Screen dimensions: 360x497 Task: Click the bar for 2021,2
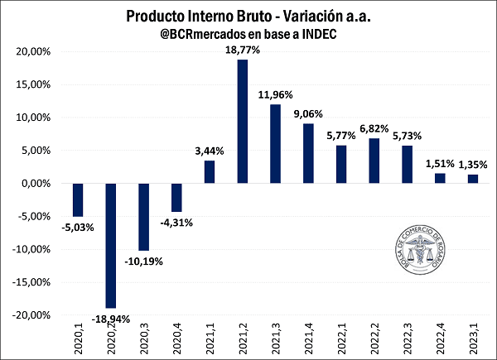point(243,122)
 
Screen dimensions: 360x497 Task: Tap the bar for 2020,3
point(143,217)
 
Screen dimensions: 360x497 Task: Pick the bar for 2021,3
point(275,144)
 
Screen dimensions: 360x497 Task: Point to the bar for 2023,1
point(472,179)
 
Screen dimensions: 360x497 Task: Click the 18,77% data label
point(243,50)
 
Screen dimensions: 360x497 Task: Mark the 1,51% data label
point(440,164)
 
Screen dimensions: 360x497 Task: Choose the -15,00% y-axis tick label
point(35,282)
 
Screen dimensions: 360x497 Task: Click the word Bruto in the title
point(244,17)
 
